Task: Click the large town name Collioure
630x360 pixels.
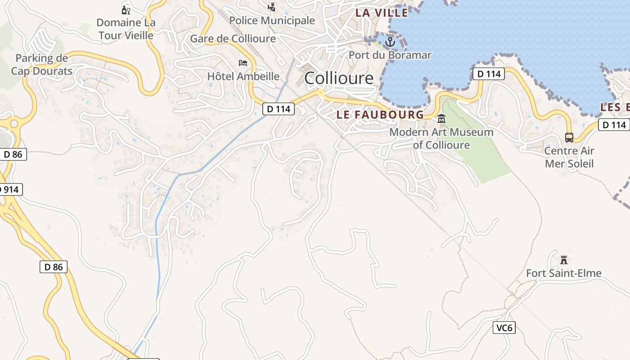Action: click(339, 78)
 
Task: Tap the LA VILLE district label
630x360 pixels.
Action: click(382, 13)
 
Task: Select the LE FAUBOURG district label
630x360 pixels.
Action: click(380, 115)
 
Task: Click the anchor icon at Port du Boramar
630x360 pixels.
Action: click(390, 42)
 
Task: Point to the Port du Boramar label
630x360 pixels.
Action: click(390, 55)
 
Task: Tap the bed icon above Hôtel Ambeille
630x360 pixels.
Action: click(243, 63)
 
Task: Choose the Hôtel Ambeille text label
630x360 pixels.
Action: click(243, 76)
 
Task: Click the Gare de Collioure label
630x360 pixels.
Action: click(233, 39)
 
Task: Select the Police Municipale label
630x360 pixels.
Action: click(272, 21)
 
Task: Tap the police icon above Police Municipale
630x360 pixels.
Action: click(271, 7)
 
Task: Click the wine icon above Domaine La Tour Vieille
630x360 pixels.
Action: click(126, 9)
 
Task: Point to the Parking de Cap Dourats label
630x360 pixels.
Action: click(41, 64)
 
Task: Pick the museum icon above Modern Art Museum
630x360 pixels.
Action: click(441, 119)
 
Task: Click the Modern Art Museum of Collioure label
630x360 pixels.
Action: click(441, 139)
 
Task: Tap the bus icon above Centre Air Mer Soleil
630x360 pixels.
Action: click(569, 138)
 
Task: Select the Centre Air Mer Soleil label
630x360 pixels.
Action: click(569, 157)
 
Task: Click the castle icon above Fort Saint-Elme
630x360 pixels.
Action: click(563, 260)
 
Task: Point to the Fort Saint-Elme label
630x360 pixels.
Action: click(563, 273)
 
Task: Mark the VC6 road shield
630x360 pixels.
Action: click(504, 328)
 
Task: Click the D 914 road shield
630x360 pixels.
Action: click(10, 189)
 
